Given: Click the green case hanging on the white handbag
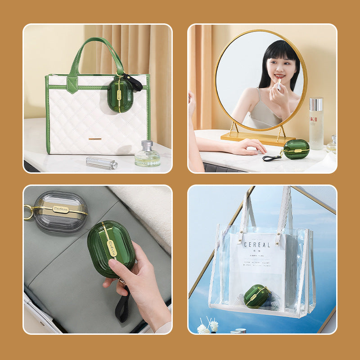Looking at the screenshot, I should pyautogui.click(x=120, y=95).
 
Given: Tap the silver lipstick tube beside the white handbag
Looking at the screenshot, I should pyautogui.click(x=101, y=163).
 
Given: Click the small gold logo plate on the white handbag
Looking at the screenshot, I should pyautogui.click(x=95, y=139).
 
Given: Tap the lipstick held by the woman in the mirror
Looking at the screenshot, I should pyautogui.click(x=278, y=83).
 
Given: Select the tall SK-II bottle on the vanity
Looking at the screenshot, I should pyautogui.click(x=315, y=123).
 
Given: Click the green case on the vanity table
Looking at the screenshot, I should pyautogui.click(x=297, y=149).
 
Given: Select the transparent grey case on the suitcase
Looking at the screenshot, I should pyautogui.click(x=60, y=211).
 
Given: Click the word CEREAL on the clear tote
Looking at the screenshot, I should pyautogui.click(x=257, y=245).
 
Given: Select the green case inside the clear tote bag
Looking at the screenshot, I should pyautogui.click(x=257, y=296).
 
